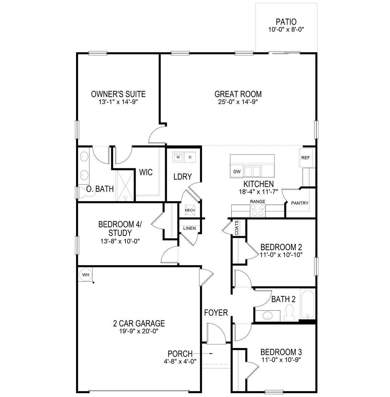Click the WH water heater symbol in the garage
coord(85,275)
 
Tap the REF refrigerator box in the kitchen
coord(305,158)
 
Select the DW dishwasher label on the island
coord(237,172)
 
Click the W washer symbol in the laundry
coord(178,157)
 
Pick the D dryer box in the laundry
coord(190,157)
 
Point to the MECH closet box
coord(190,210)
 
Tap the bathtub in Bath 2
coord(308,304)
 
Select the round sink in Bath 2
coord(268,316)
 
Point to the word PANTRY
coord(300,203)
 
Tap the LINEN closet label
coord(189,228)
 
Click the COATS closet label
coord(237,228)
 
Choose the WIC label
coord(146,172)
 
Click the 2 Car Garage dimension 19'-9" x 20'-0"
coord(139,331)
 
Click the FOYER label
coord(216,313)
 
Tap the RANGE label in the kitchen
coord(257,202)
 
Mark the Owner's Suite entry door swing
coord(157,135)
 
